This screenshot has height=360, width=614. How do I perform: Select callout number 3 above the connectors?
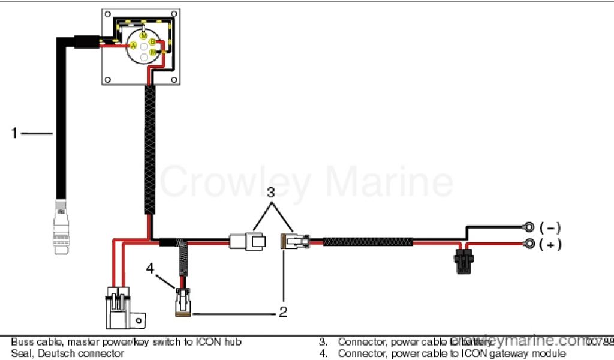point(271,193)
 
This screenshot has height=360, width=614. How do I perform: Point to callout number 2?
point(282,312)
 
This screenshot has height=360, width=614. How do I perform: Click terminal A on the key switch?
point(134,46)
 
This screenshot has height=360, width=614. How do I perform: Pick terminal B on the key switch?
point(152,41)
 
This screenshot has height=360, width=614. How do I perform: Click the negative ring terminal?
point(529,227)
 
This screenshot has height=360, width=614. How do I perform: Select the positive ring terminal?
point(529,244)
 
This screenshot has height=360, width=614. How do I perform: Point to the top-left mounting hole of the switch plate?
point(108,13)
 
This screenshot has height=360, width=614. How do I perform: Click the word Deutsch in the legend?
point(57,353)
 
